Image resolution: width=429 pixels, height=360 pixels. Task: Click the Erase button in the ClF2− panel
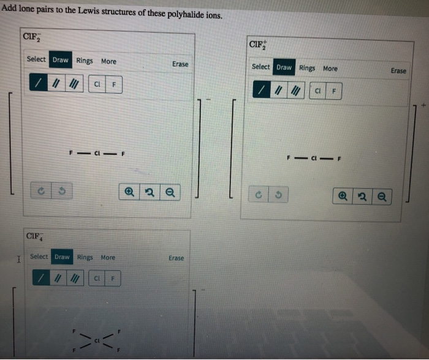coord(180,64)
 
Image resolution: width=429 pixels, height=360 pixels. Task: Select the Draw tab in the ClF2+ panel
coord(284,67)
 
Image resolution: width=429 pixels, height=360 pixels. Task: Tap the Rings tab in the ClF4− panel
coord(85,257)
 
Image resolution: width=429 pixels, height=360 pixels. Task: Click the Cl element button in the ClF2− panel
coord(97,84)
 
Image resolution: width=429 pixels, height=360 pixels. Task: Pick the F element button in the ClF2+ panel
coord(334,91)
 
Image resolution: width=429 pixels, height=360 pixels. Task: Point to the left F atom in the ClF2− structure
coord(72,152)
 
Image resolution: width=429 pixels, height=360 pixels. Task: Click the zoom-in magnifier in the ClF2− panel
coord(129,192)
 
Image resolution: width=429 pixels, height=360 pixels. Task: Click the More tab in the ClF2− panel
coord(108,61)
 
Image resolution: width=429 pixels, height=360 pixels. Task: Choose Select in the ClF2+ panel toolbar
coord(260,67)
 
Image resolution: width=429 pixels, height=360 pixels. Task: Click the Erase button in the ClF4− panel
coord(176,258)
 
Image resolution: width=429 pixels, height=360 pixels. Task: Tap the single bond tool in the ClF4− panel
coord(40,279)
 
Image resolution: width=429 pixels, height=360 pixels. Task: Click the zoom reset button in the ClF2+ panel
coord(362,197)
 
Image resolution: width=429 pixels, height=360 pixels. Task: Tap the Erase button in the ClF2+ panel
coord(398,71)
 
